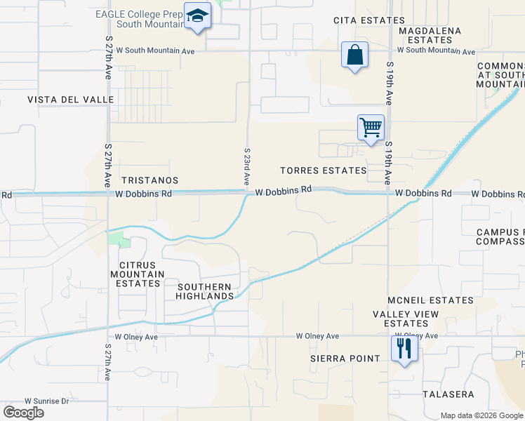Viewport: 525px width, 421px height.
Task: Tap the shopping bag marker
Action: click(x=355, y=55)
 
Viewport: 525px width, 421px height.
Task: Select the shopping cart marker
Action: click(x=371, y=128)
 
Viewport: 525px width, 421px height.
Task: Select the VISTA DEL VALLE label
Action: click(x=70, y=100)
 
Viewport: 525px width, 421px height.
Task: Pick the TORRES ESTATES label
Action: click(x=323, y=171)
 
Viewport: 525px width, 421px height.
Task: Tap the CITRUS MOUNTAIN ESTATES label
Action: click(x=137, y=274)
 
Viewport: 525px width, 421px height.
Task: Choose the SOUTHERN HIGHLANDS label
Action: click(x=205, y=291)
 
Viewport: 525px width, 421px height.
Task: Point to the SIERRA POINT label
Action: click(x=345, y=359)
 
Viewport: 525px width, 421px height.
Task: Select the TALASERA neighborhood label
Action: click(x=448, y=394)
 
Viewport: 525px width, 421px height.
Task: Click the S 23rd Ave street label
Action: click(x=247, y=166)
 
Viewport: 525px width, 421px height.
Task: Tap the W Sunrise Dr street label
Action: click(x=47, y=401)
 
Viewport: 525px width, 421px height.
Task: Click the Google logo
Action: click(x=23, y=413)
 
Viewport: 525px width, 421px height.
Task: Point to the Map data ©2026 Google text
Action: click(x=481, y=415)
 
